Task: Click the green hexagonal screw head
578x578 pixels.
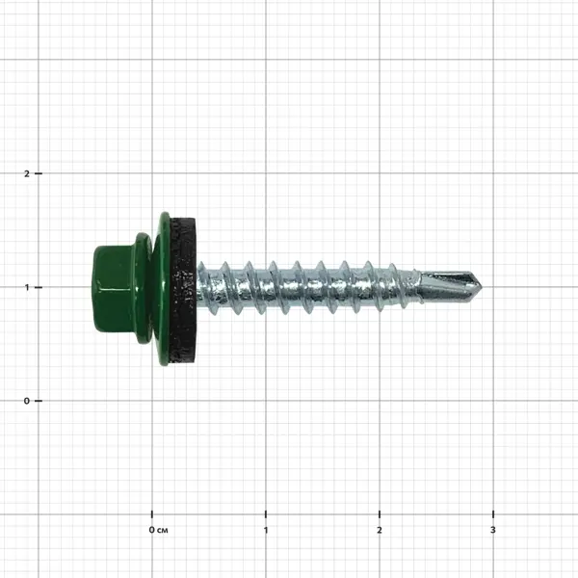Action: [116, 288]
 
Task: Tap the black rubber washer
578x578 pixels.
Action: [186, 288]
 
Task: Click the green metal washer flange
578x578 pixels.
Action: [165, 289]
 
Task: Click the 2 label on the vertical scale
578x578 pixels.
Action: [26, 173]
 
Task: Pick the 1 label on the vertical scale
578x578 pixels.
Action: [26, 287]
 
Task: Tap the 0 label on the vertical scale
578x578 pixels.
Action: [26, 401]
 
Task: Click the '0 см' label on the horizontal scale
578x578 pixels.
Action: [159, 530]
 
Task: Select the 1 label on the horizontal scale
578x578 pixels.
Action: [266, 530]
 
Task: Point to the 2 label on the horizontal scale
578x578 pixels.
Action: [380, 530]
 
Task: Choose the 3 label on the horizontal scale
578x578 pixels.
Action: [493, 530]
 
